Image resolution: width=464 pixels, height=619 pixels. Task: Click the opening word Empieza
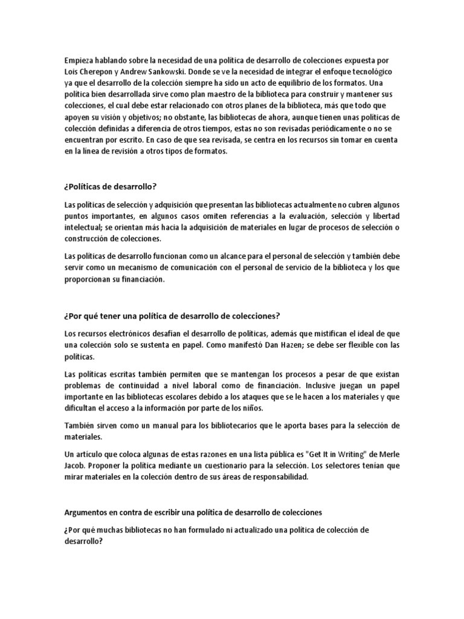click(80, 60)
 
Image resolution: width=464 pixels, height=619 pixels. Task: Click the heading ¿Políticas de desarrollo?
click(114, 185)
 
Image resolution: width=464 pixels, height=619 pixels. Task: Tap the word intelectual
click(85, 227)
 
